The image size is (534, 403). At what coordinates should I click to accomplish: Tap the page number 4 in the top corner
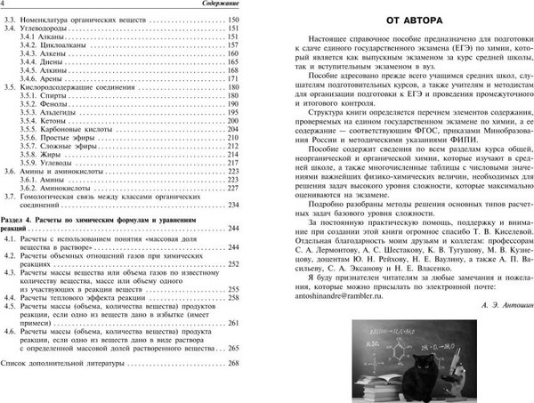tap(4, 6)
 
